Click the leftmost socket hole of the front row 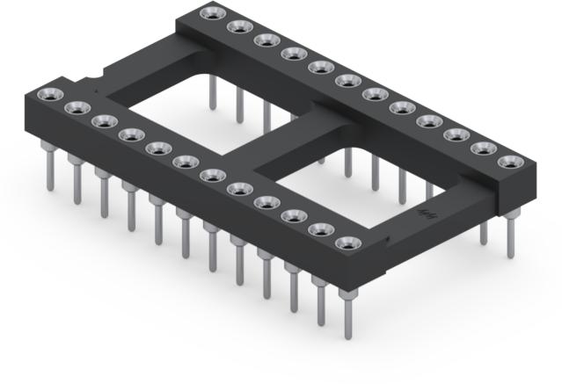(47, 95)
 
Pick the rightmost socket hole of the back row (508, 161)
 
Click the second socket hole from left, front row (74, 107)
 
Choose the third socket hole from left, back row (264, 40)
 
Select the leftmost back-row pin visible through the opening (212, 92)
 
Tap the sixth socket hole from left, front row (185, 162)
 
